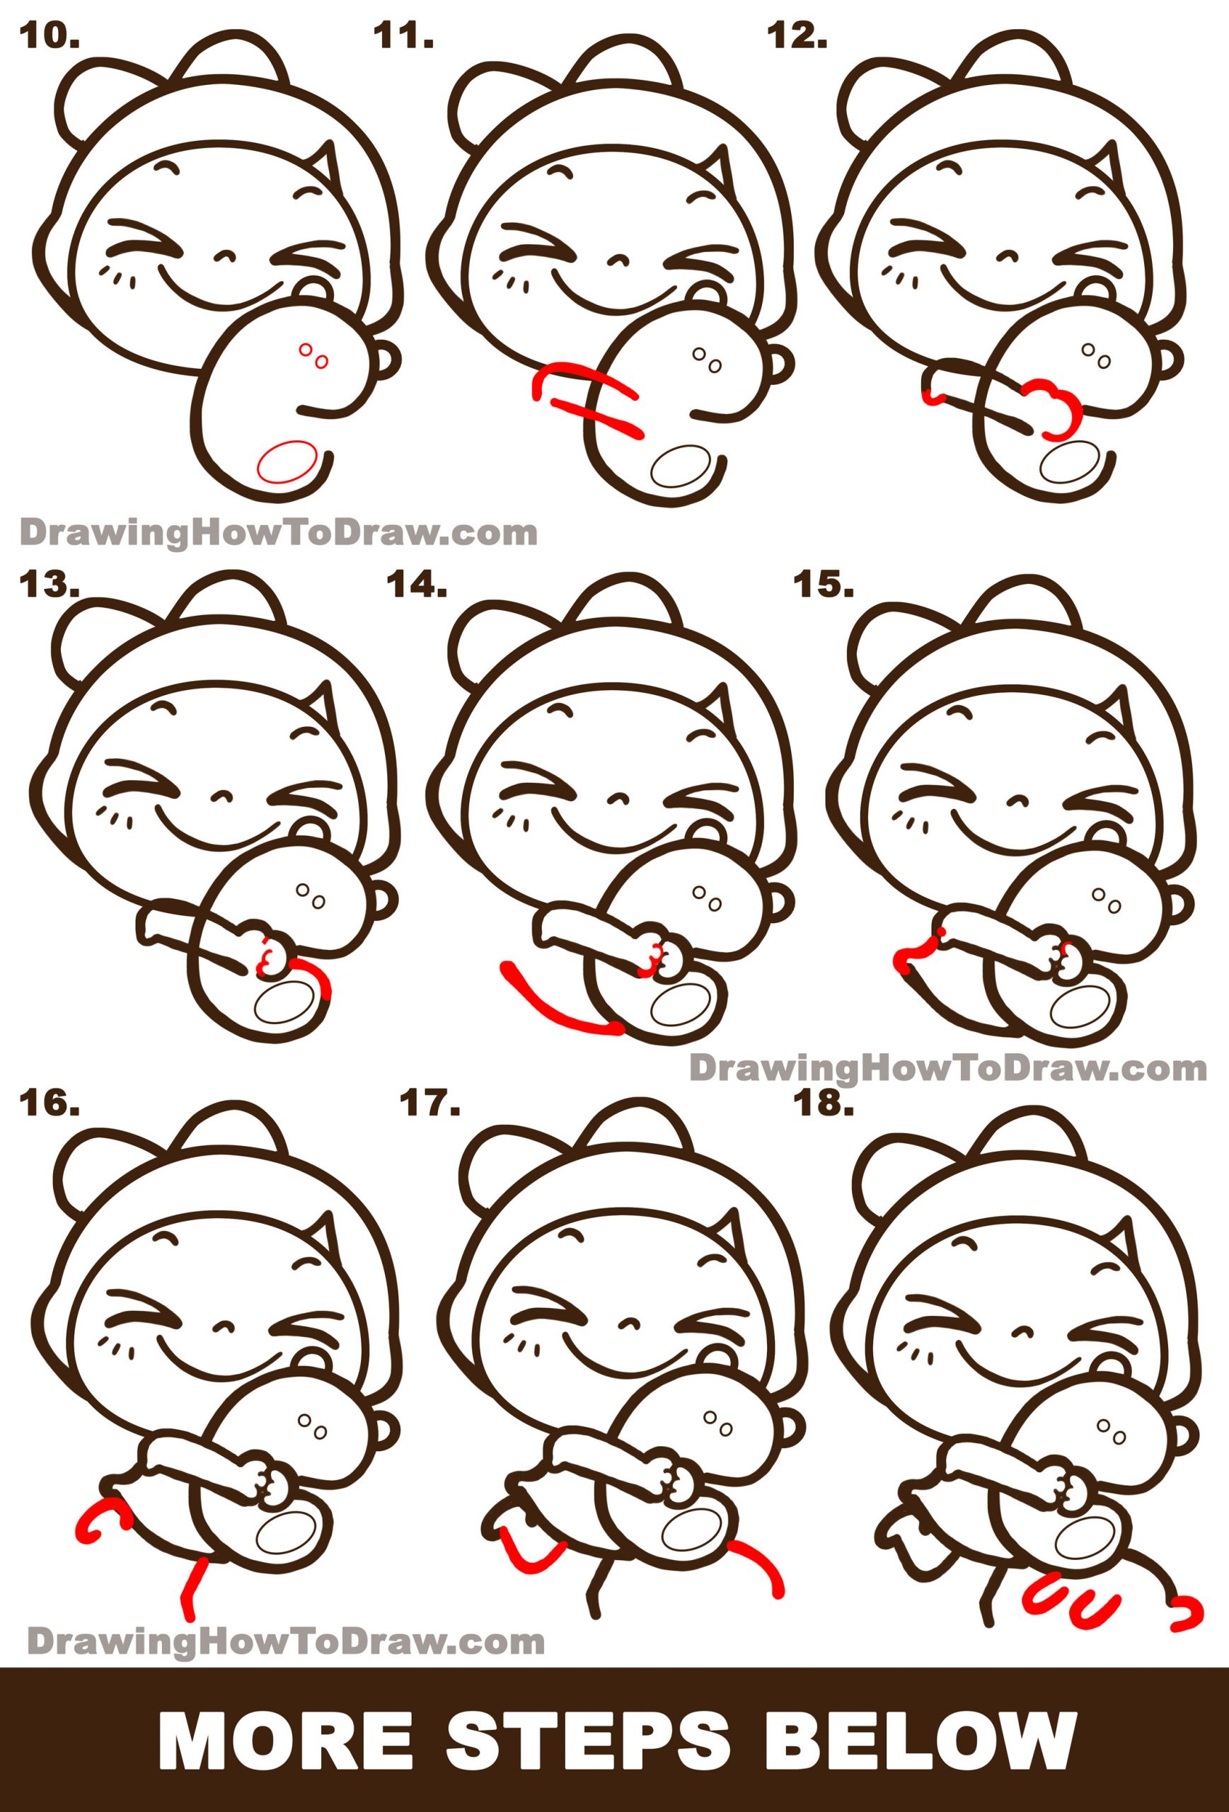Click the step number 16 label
[x=50, y=1123]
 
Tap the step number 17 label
[x=427, y=1123]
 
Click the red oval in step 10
[x=287, y=465]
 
